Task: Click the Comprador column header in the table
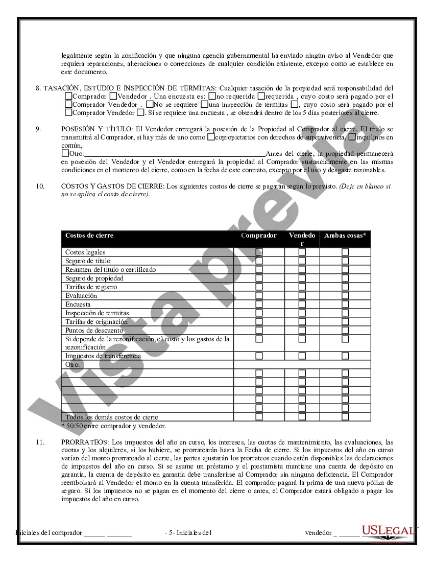259,236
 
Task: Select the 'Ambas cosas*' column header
345,236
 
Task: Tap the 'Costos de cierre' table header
89,236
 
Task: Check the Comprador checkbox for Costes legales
259,252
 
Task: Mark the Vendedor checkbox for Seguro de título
302,261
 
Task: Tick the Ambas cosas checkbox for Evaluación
345,295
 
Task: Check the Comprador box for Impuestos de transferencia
259,356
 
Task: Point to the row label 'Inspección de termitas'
97,313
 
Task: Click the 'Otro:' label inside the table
73,364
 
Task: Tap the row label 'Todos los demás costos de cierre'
112,417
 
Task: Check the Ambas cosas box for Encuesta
345,304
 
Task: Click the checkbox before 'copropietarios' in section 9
210,137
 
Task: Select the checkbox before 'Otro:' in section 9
65,153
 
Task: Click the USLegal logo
390,531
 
